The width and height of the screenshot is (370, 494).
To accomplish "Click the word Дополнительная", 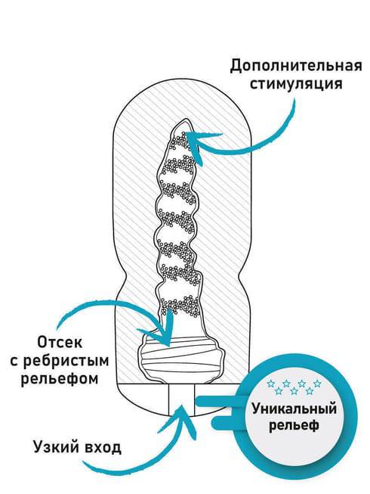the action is (296, 66).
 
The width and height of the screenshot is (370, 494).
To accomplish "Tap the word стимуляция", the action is (296, 85).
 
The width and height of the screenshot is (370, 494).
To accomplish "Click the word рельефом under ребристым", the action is (60, 378).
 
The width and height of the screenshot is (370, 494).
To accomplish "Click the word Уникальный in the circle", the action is (294, 409).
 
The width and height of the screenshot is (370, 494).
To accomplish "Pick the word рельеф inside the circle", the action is (294, 425).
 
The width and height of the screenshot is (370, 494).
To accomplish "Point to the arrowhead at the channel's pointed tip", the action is (194, 143).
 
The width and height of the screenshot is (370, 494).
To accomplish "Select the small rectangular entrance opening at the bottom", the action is (181, 399).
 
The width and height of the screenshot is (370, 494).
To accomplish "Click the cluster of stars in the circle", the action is (294, 387).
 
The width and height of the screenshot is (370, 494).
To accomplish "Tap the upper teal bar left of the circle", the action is (216, 401).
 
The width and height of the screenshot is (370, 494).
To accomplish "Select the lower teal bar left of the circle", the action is (227, 422).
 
